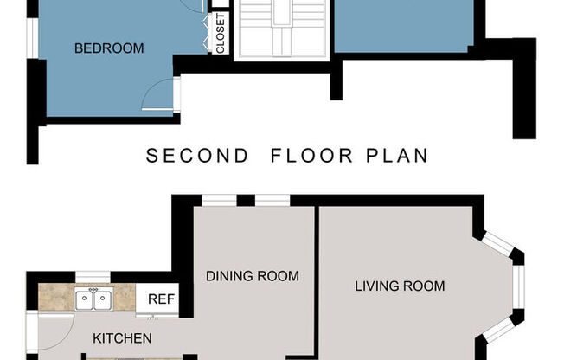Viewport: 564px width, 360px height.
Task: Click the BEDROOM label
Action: click(109, 48)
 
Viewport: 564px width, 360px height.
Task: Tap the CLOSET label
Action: click(221, 34)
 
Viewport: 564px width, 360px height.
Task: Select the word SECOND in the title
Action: click(196, 156)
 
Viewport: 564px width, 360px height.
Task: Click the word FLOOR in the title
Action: click(311, 156)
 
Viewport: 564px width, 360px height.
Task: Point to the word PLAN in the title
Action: click(397, 156)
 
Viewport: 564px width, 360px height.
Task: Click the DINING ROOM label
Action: click(253, 276)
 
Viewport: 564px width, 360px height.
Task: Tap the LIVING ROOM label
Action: click(400, 286)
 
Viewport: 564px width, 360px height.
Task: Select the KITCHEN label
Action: click(122, 338)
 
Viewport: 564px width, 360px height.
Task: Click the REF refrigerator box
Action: click(157, 299)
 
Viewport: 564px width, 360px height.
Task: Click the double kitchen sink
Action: click(93, 299)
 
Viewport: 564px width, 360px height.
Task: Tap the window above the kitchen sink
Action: click(93, 277)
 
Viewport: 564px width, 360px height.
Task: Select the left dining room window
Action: click(219, 201)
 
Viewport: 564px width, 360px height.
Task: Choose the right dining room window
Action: click(272, 201)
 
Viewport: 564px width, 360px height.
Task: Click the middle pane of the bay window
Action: click(519, 287)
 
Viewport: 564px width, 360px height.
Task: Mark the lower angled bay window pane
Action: click(497, 329)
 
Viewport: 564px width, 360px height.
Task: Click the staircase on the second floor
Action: click(282, 29)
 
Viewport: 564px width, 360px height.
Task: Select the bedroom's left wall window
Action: click(33, 38)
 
